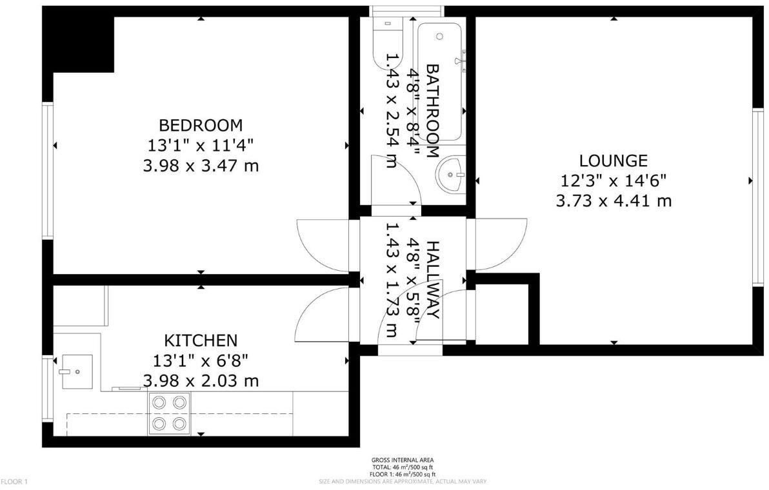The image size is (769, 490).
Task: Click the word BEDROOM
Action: point(201,124)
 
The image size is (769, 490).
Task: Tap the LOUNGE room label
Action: point(613,161)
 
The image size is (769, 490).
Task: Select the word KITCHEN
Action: point(201,340)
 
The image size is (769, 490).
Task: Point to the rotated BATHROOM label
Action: point(432,110)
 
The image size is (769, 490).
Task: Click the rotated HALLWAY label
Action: point(432,280)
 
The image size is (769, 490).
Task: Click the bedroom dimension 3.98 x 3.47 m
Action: point(201,166)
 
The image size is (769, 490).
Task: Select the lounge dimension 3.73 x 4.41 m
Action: point(613,201)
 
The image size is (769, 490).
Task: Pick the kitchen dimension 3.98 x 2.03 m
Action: point(201,381)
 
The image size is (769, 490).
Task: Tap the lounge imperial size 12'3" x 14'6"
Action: point(613,181)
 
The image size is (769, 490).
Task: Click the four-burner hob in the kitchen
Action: point(169,413)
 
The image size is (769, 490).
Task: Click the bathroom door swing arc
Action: point(397,178)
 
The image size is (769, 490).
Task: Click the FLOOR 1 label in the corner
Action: point(14,482)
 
